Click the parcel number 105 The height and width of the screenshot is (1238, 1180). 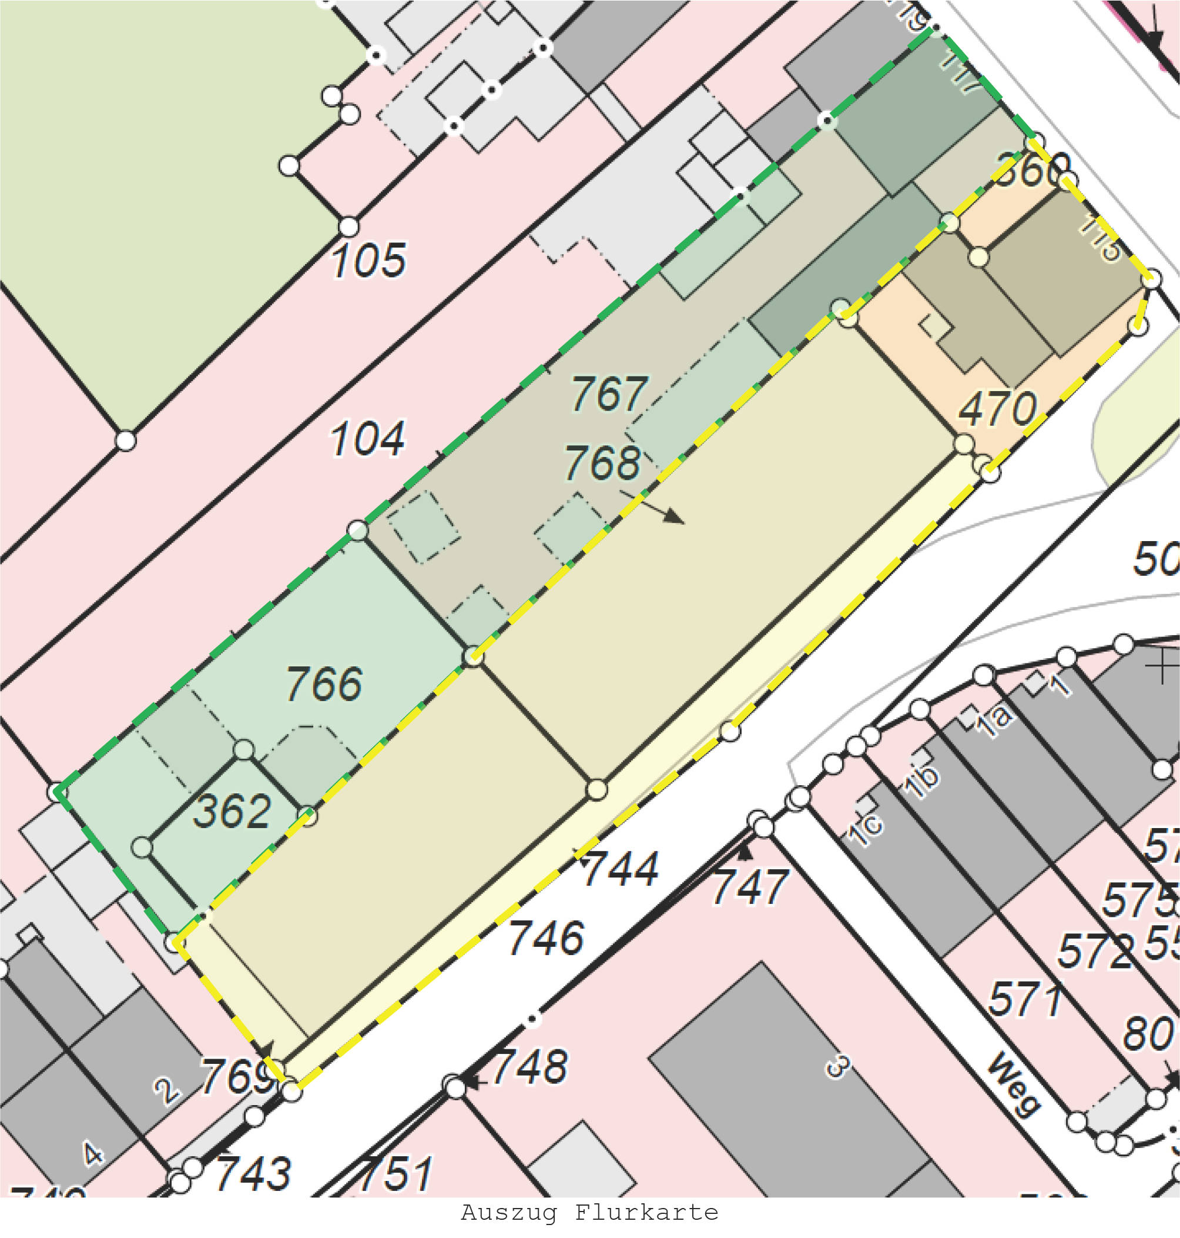pyautogui.click(x=368, y=260)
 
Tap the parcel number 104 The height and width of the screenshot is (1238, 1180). pyautogui.click(x=368, y=439)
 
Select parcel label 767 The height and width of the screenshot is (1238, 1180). pyautogui.click(x=608, y=394)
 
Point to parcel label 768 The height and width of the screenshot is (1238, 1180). pyautogui.click(x=602, y=463)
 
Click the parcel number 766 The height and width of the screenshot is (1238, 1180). pyautogui.click(x=324, y=683)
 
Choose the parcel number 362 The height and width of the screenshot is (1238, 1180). pyautogui.click(x=232, y=810)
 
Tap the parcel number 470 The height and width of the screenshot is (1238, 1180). pyautogui.click(x=997, y=409)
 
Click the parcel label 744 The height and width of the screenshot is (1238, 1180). pyautogui.click(x=620, y=869)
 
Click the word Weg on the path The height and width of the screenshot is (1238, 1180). pyautogui.click(x=1014, y=1084)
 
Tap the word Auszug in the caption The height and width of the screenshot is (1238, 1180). pyautogui.click(x=509, y=1212)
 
